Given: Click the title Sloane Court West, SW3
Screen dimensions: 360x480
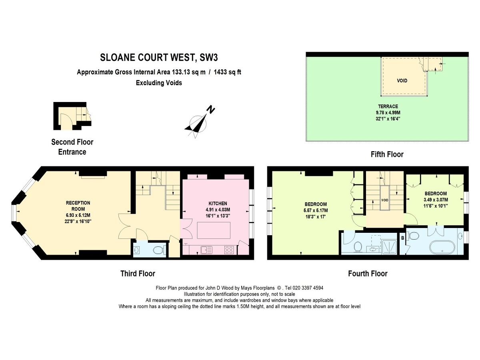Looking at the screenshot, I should coord(159,58).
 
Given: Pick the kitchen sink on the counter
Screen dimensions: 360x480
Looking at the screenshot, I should coord(207,250).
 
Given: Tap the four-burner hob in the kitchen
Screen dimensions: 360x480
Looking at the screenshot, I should coord(230,250).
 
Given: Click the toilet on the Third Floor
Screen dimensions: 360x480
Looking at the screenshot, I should coord(159,250).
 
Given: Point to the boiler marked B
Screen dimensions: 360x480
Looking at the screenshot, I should coord(403,238).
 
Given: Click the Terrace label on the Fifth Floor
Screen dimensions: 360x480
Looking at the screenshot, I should coord(388,106).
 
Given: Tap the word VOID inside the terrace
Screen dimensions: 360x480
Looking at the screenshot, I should coord(402,81).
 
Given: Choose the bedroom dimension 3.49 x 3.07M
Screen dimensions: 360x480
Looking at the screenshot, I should coord(436,200).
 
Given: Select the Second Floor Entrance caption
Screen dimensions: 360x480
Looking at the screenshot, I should coord(72,147).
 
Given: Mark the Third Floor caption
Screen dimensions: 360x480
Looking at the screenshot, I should coord(138,274).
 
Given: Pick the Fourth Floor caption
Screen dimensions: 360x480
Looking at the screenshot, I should coord(368,274).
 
